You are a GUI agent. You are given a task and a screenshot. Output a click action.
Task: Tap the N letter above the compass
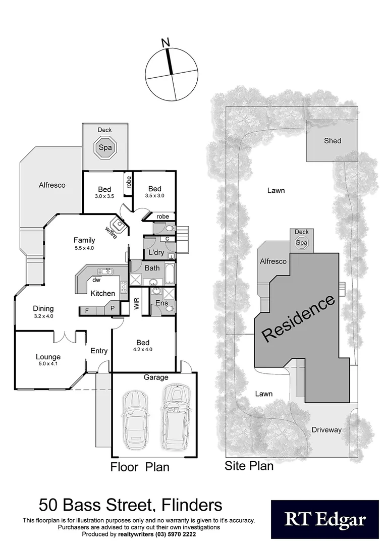[x=165, y=43]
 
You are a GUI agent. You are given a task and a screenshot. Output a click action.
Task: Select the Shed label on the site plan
[x=333, y=141]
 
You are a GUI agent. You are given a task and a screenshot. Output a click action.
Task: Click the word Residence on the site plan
[x=298, y=318]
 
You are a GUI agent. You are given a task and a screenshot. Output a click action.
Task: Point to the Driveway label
[x=326, y=430]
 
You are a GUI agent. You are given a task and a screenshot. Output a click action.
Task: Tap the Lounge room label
[x=48, y=357]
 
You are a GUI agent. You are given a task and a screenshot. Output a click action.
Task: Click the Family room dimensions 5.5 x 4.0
[x=84, y=248]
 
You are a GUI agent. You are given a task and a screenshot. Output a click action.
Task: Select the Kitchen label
[x=103, y=293]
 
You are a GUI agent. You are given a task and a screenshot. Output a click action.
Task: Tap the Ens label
[x=161, y=303]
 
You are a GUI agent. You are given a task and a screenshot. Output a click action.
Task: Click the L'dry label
[x=154, y=252]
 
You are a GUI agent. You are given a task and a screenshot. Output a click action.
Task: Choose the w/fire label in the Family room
[x=112, y=232]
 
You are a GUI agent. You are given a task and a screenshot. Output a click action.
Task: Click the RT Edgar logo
[x=324, y=519]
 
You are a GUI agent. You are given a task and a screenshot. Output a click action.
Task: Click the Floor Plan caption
[x=140, y=467]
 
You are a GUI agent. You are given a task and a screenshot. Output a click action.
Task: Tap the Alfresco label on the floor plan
[x=52, y=185]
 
